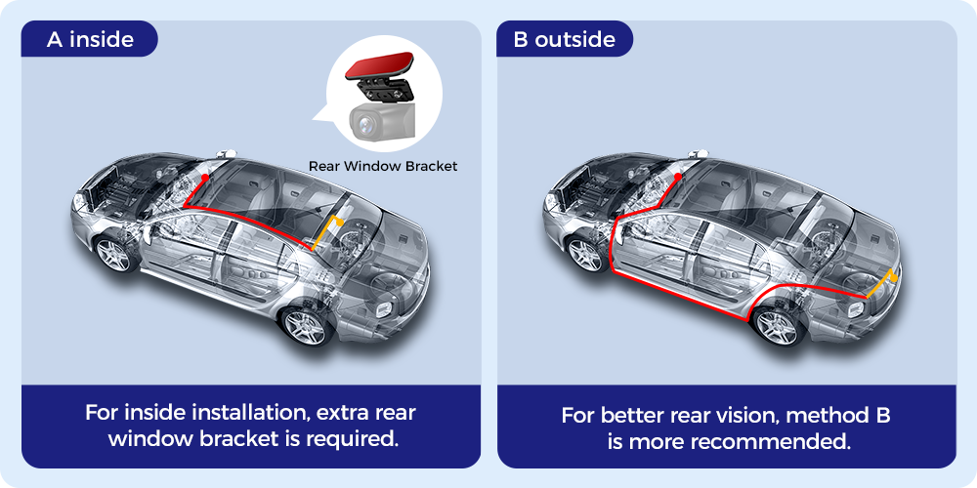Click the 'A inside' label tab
point(90,40)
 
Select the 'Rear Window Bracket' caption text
point(383,166)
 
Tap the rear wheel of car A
point(305,327)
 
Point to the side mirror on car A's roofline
point(227,154)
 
